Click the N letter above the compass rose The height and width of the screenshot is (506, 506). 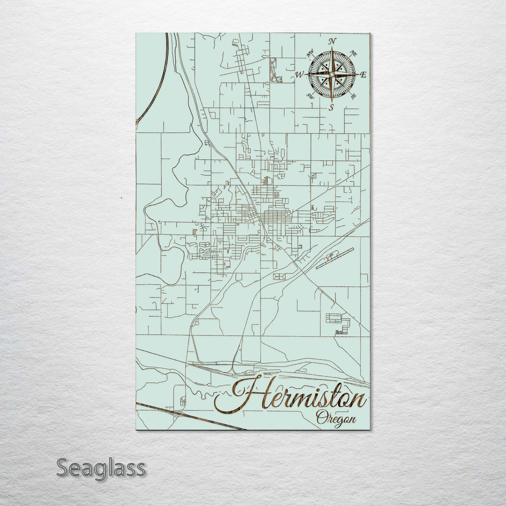pos(332,41)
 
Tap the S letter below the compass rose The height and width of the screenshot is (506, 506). pos(331,107)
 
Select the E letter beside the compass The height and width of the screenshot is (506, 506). pos(363,74)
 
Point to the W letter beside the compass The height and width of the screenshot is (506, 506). pos(300,74)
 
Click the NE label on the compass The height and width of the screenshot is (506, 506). pos(353,55)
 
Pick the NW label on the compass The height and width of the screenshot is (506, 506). pos(310,55)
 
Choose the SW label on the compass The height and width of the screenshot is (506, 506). pos(310,96)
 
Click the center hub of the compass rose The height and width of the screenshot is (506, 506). pos(332,74)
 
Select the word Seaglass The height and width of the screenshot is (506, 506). pos(101,468)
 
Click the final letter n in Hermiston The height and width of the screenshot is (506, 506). pos(359,401)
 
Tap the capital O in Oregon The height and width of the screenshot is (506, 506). pos(322,417)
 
